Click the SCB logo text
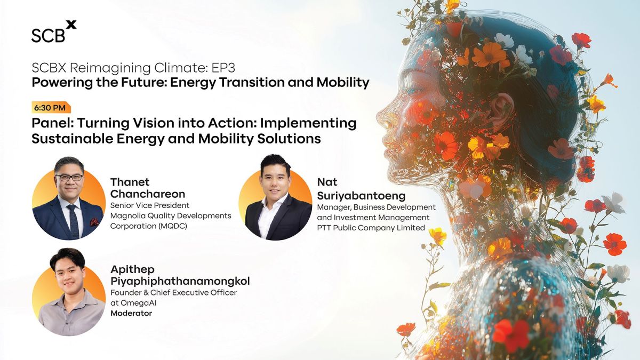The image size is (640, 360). pos(48,35)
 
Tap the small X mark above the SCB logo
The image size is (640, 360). pos(71,25)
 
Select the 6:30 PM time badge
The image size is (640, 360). pos(51,108)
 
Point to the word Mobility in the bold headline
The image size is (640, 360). pos(343,82)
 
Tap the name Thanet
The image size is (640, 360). pos(130,182)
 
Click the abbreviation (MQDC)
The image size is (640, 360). pos(173,226)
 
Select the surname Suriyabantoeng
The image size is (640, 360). pos(361,196)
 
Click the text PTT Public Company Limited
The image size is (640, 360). pos(371,228)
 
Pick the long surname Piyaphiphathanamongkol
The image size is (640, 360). pos(180,282)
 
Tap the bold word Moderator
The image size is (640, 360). pos(131,313)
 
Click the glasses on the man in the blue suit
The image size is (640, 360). pos(69,178)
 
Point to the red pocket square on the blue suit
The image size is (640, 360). pos(94,221)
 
